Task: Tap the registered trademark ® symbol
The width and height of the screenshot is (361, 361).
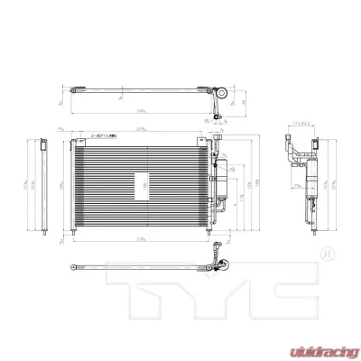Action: [327, 252]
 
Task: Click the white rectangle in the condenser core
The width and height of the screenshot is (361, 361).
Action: [142, 186]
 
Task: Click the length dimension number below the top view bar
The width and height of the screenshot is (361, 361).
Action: [143, 110]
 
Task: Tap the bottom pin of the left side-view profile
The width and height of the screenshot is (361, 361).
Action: [50, 236]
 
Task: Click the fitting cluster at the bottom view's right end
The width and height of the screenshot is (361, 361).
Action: [219, 265]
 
